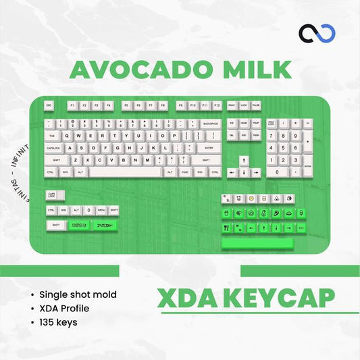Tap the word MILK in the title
pyautogui.click(x=257, y=70)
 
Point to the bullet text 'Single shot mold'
pyautogui.click(x=78, y=294)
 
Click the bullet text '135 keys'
pyautogui.click(x=58, y=322)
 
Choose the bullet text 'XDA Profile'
pyautogui.click(x=64, y=309)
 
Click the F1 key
pyautogui.click(x=72, y=106)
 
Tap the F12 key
pyautogui.click(x=216, y=106)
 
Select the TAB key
pyautogui.click(x=52, y=135)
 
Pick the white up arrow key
pyautogui.click(x=243, y=161)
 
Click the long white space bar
pyautogui.click(x=127, y=172)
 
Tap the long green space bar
pyautogui.click(x=257, y=242)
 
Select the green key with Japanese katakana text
pyautogui.click(x=105, y=224)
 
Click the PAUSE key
pyautogui.click(x=256, y=106)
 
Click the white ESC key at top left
pyautogui.click(x=49, y=106)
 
